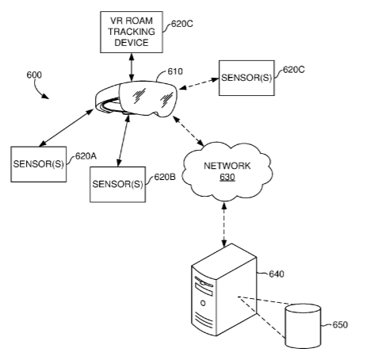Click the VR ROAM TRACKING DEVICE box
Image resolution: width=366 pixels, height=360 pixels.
pyautogui.click(x=132, y=32)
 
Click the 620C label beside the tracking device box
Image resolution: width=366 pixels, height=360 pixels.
pyautogui.click(x=182, y=24)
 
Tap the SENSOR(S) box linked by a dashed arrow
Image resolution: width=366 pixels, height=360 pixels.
pyautogui.click(x=246, y=78)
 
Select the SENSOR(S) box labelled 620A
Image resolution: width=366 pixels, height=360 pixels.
pyautogui.click(x=39, y=164)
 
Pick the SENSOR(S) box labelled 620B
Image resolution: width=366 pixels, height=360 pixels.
pyautogui.click(x=117, y=185)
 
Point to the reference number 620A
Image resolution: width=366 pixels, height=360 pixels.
pyautogui.click(x=86, y=156)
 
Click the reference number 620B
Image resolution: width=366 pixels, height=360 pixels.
pyautogui.click(x=165, y=177)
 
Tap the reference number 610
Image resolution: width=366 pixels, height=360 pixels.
pyautogui.click(x=175, y=71)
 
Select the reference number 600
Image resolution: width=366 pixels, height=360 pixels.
pyautogui.click(x=34, y=75)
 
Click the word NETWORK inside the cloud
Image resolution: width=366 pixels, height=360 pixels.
pyautogui.click(x=227, y=166)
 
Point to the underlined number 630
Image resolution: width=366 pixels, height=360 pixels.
pyautogui.click(x=227, y=177)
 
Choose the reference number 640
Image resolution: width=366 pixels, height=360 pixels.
pyautogui.click(x=276, y=274)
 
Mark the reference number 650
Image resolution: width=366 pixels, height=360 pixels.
pyautogui.click(x=340, y=324)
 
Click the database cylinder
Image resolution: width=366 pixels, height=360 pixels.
pyautogui.click(x=303, y=326)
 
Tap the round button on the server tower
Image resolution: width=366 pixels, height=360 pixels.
pyautogui.click(x=203, y=303)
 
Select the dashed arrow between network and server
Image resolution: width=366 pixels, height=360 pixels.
pyautogui.click(x=224, y=224)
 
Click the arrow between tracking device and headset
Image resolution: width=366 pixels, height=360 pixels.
pyautogui.click(x=132, y=67)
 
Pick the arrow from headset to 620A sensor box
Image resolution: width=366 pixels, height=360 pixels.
pyautogui.click(x=66, y=128)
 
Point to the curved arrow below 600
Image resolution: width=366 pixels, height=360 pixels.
pyautogui.click(x=40, y=90)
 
